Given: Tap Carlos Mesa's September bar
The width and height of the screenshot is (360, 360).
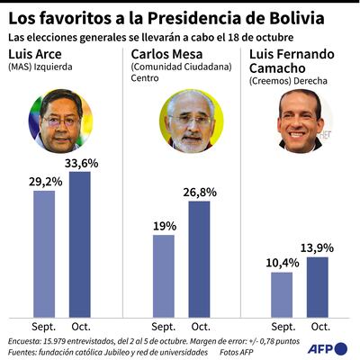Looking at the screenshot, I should [164, 274].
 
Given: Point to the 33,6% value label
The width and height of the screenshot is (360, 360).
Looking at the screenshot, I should [79, 162].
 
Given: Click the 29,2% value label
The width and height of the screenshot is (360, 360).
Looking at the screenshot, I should [43, 181].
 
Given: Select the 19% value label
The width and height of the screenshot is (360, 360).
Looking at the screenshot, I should [164, 225].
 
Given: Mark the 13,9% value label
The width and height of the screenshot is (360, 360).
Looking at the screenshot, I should [318, 247].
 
